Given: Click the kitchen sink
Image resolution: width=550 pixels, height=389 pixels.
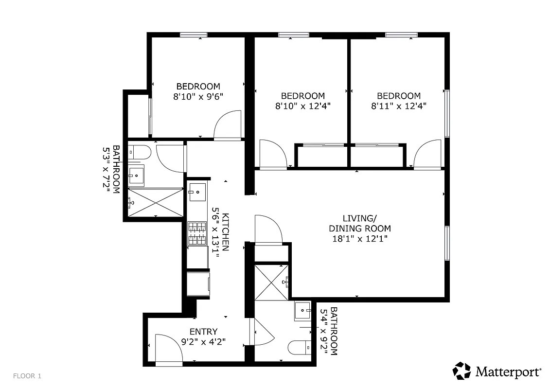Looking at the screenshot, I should point(197,192).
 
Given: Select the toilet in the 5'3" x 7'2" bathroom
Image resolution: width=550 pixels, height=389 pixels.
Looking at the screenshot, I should point(139,152).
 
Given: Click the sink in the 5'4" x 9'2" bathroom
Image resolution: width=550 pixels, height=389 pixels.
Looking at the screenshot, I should point(303,311).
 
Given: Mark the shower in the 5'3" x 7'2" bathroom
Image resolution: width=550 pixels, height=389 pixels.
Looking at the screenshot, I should point(156,202).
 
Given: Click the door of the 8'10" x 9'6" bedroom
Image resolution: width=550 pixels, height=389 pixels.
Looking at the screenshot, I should point(228,125).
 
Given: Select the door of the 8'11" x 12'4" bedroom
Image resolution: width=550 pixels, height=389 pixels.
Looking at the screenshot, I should point(427,154).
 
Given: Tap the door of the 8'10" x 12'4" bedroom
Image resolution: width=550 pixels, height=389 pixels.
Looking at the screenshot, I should point(272,154).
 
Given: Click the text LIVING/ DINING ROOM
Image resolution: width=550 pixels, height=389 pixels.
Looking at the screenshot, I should point(359,223).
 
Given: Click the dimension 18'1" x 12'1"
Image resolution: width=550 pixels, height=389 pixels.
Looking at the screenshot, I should point(359,239).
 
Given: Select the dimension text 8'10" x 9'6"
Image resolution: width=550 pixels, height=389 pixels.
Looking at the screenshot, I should point(198,96).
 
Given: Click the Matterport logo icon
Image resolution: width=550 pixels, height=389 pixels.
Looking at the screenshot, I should point(462,371).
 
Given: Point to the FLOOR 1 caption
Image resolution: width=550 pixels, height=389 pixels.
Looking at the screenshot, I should point(27,376).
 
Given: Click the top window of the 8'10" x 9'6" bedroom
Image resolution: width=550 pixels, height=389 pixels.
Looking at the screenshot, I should point(194,35).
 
